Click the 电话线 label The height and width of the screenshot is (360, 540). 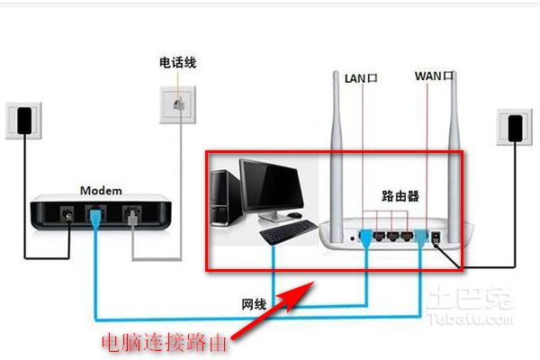[x=177, y=62]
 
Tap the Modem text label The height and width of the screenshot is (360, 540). [x=101, y=191]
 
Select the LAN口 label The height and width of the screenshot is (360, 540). [x=361, y=78]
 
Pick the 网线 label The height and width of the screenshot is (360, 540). [x=252, y=305]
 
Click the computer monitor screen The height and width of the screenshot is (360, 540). [x=270, y=186]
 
